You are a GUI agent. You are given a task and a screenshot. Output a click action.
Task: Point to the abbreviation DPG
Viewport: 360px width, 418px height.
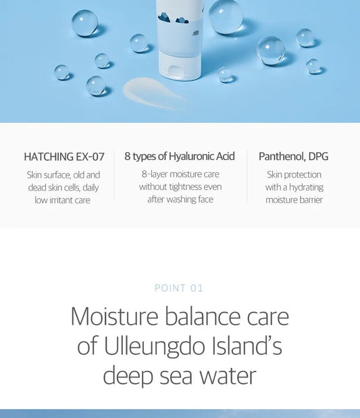click(319, 156)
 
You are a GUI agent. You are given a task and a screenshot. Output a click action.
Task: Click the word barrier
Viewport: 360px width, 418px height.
click(309, 200)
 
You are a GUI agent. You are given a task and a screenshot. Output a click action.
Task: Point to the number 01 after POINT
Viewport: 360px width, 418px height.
click(197, 288)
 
